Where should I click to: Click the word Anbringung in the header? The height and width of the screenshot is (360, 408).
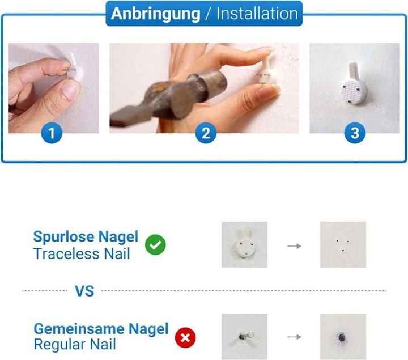156,14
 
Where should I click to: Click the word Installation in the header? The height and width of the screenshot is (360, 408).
257,14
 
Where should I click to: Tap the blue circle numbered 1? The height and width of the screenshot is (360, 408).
52,133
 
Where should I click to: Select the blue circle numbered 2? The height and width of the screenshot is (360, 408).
206,133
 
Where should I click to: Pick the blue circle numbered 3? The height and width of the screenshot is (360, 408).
355,133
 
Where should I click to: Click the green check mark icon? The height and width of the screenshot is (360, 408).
155,245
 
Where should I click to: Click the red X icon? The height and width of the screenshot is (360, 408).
185,338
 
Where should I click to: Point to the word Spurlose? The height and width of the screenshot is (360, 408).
63,237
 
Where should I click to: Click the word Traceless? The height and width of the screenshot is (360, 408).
66,254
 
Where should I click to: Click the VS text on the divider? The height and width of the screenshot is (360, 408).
84,291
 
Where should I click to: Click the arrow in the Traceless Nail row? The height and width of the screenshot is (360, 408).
294,246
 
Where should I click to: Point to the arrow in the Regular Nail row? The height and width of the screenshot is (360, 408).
294,337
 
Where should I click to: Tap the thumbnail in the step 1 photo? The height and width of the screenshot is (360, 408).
69,90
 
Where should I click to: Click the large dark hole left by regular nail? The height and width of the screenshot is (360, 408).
342,337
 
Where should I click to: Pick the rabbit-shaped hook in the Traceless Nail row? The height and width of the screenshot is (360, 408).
244,243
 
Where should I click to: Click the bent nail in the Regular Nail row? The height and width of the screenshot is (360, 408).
245,336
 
